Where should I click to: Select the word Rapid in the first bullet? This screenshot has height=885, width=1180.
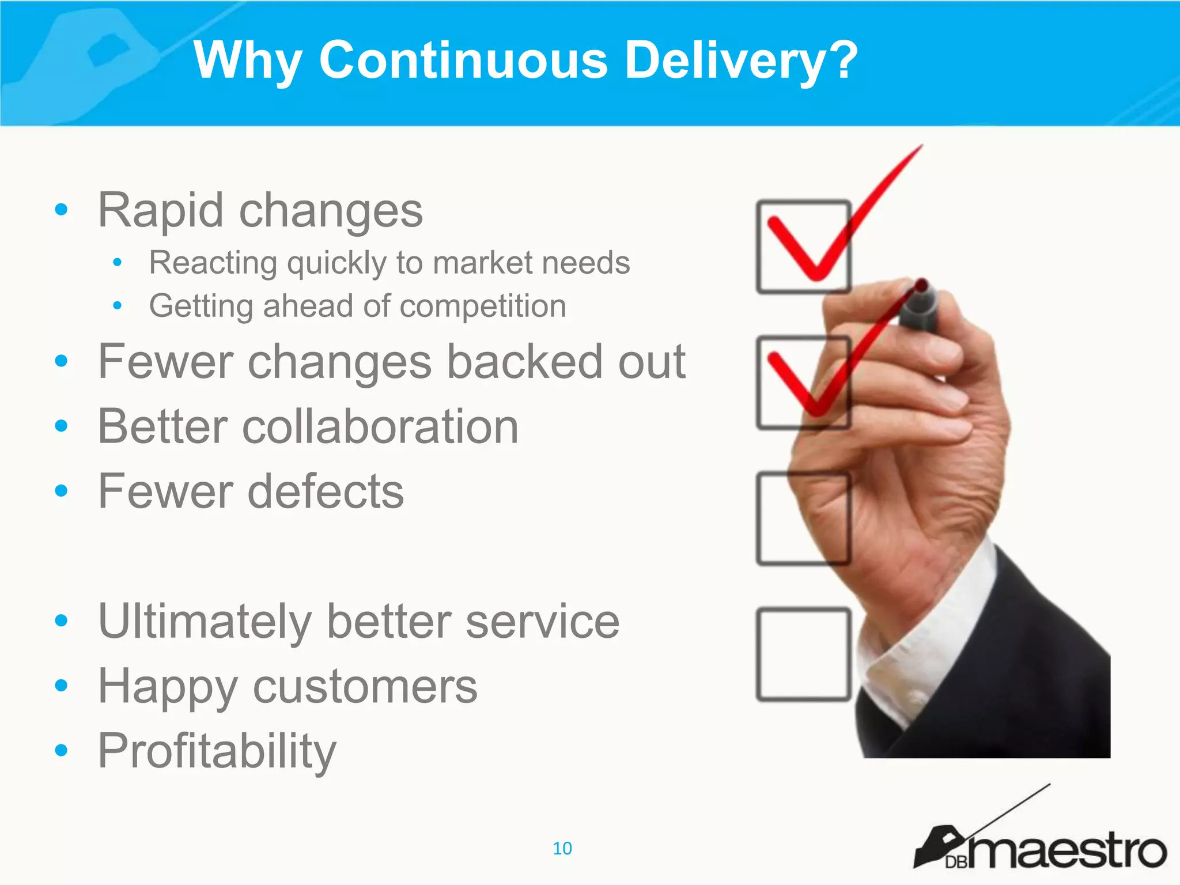160,211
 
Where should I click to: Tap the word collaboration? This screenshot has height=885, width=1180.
380,427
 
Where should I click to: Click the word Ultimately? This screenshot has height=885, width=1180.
205,622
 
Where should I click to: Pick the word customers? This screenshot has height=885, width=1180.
365,687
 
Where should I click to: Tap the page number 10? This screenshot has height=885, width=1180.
562,848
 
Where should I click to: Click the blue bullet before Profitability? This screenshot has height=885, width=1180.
60,750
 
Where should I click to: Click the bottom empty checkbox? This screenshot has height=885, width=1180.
803,655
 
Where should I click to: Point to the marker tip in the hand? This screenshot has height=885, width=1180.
921,286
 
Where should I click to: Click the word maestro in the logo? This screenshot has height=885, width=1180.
1066,851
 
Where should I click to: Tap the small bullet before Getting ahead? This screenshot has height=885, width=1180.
118,305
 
